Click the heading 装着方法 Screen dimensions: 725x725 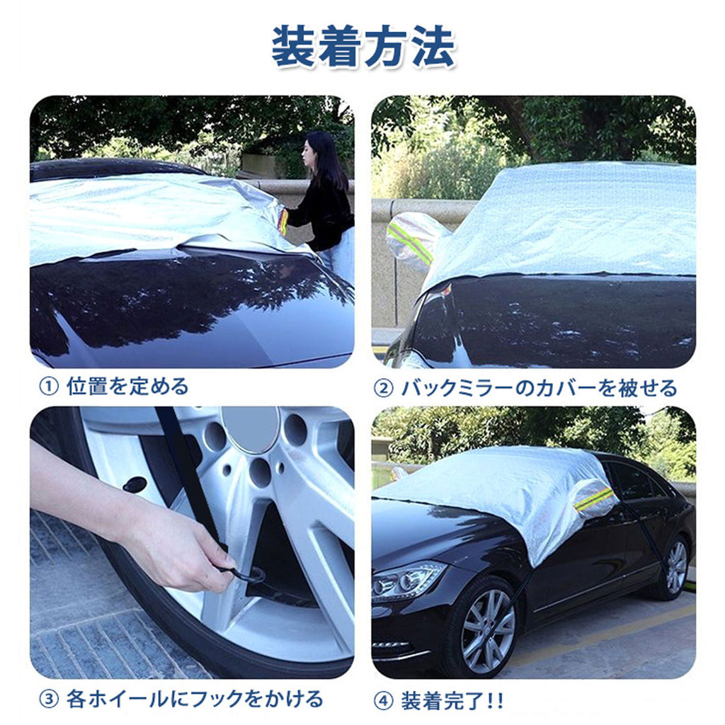point(363,47)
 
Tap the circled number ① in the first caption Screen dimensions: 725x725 point(48,387)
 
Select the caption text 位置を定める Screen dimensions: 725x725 point(127,387)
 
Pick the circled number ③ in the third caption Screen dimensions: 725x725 point(48,700)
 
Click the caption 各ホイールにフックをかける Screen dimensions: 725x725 point(195,699)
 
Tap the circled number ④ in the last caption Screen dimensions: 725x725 point(383,701)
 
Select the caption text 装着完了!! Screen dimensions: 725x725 point(452,701)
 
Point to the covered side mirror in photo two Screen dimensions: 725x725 point(412,241)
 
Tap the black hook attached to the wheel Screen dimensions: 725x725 point(245,575)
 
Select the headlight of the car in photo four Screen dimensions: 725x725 point(407,578)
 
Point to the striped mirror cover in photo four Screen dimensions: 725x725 point(595,498)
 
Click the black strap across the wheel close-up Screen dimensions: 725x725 point(187,476)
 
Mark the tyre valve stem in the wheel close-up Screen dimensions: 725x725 point(135,484)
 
